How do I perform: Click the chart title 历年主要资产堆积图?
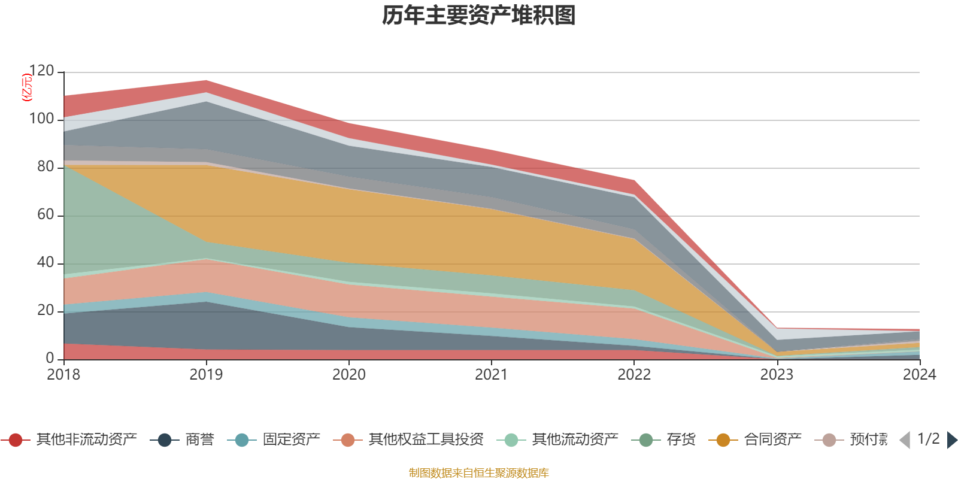[479, 16]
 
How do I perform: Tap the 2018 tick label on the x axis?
[63, 374]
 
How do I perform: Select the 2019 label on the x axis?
[206, 374]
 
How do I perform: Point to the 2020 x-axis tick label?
[349, 374]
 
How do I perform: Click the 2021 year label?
[492, 374]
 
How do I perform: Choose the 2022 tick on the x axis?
[634, 374]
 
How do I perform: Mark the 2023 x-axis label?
[777, 374]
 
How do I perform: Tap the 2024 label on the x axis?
[919, 374]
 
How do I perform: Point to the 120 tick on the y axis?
[41, 71]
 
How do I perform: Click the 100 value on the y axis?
[41, 119]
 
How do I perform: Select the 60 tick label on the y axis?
[46, 215]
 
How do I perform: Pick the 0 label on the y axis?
[50, 358]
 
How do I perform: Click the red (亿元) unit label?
[26, 87]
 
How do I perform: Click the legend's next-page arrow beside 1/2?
[951, 440]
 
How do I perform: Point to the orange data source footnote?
[479, 473]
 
